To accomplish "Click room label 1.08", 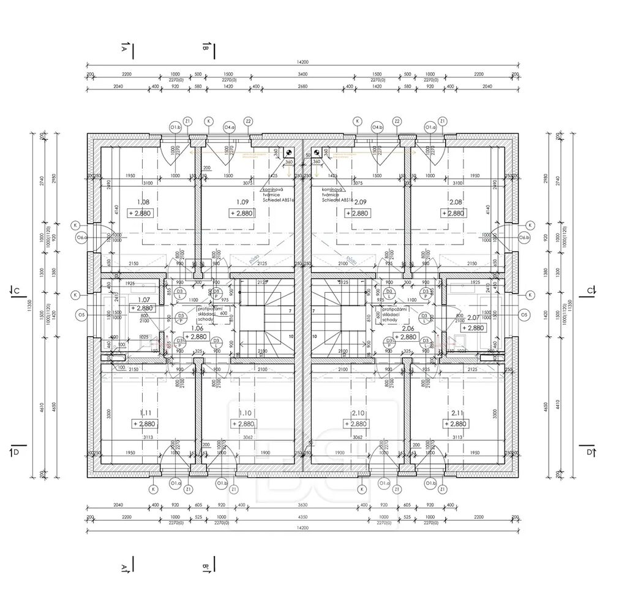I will click(x=143, y=201).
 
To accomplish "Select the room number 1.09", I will click(x=242, y=201).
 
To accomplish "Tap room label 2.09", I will click(x=360, y=201).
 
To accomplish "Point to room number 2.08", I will click(x=456, y=201).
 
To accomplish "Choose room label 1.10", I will click(x=246, y=413).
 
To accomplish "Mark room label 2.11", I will click(x=456, y=413).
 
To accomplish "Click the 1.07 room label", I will click(x=144, y=299).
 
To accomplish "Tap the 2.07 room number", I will click(x=473, y=318).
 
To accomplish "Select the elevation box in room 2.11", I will click(x=456, y=424).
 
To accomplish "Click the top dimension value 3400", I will click(x=302, y=74).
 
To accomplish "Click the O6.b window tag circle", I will click(x=524, y=237).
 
